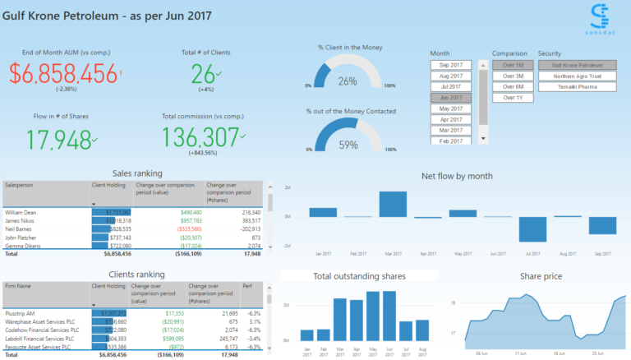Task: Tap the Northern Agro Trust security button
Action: pos(577,76)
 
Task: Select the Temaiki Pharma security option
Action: pos(577,86)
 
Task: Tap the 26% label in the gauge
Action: pos(348,81)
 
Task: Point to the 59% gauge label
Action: pos(348,145)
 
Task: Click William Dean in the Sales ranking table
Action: pos(22,212)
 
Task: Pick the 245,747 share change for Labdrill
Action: pos(224,338)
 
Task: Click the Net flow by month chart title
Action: pos(457,176)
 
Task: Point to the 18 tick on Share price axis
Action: pos(453,303)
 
